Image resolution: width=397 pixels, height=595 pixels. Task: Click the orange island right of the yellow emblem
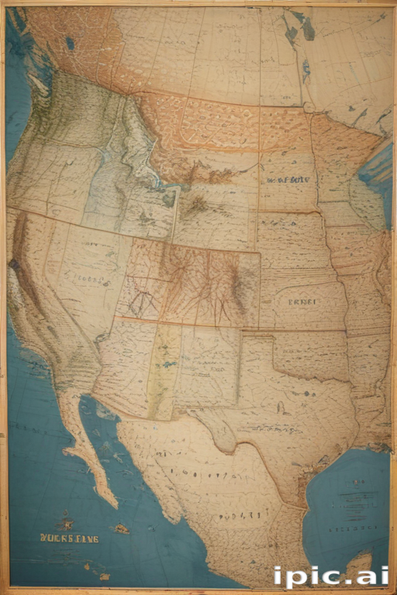tap(121, 529)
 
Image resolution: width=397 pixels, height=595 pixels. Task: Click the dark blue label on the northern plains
tap(288, 179)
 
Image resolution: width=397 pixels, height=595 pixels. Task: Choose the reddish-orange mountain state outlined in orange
tap(190, 283)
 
